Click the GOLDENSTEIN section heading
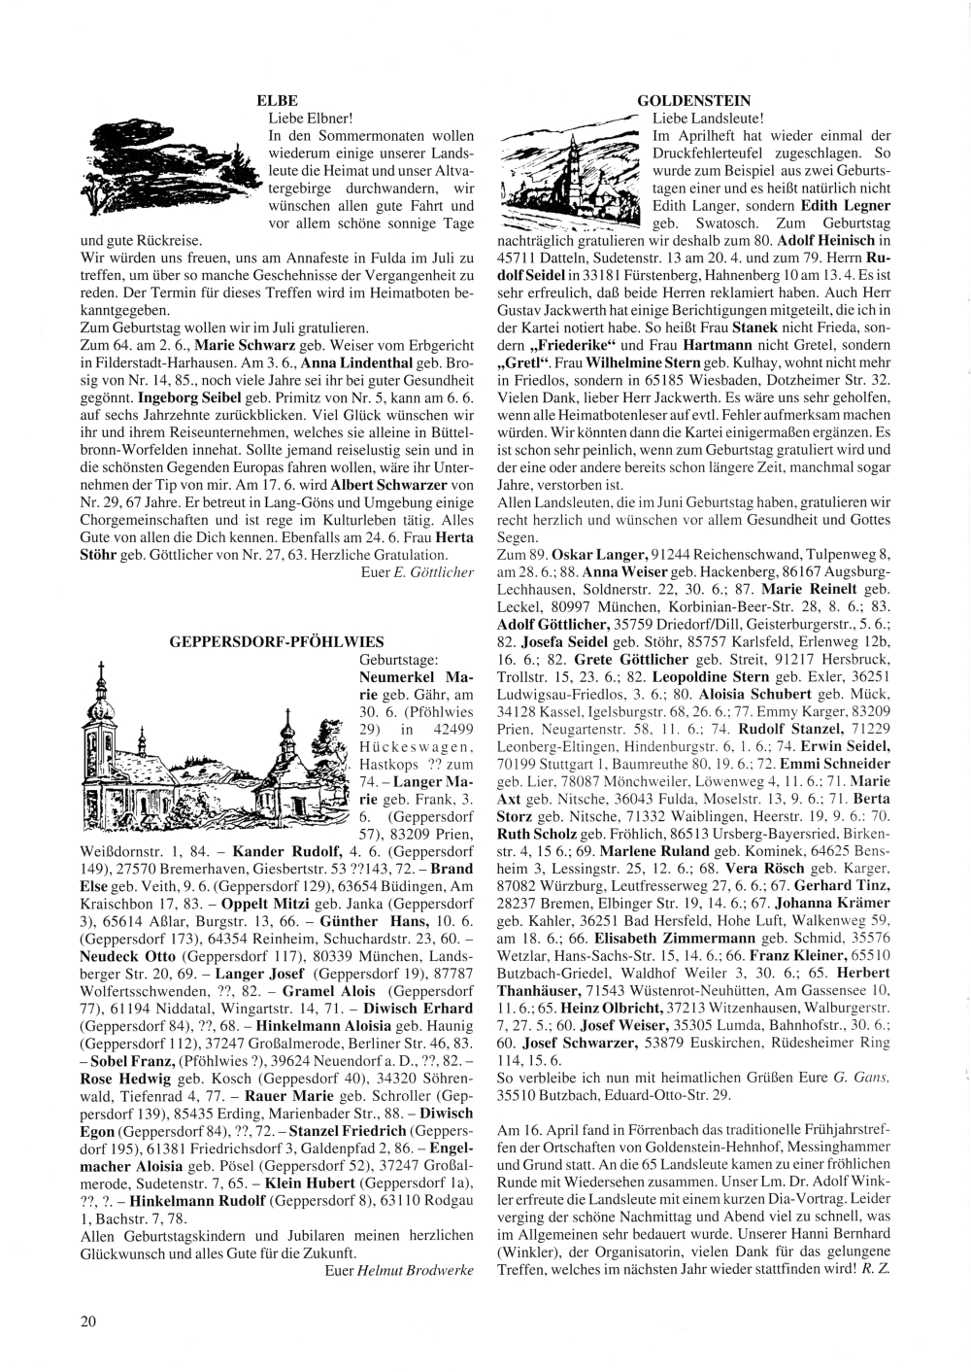[x=694, y=101]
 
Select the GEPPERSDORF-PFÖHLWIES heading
[x=276, y=641]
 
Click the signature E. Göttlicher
[x=434, y=572]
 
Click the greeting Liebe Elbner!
[x=303, y=118]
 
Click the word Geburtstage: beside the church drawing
[x=399, y=659]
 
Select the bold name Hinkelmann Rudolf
[x=186, y=1202]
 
